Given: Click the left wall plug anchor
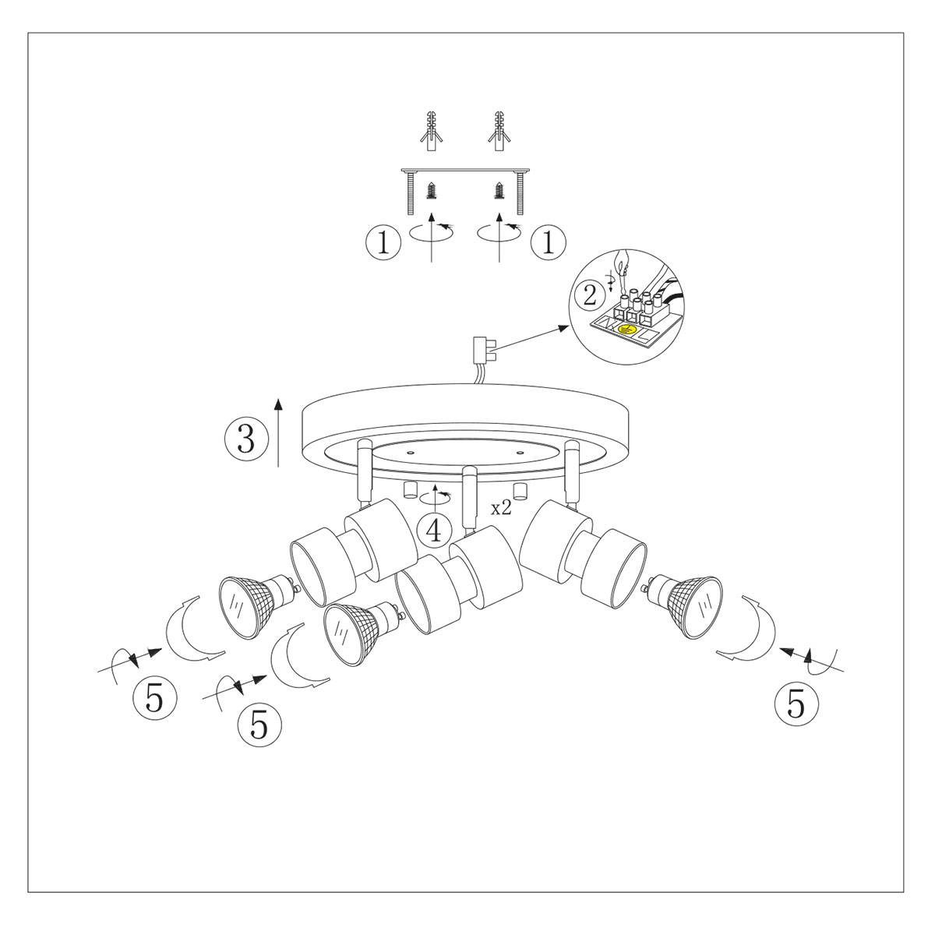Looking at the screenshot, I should [x=430, y=133].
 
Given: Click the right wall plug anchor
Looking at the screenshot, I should [x=499, y=133].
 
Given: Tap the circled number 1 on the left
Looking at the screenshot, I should [x=383, y=243].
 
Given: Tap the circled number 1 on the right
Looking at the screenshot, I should [x=548, y=243].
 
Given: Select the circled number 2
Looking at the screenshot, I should [x=590, y=295].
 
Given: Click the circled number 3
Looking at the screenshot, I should [x=245, y=439].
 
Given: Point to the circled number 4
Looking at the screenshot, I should [x=434, y=530].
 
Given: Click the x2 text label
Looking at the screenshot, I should [x=501, y=508].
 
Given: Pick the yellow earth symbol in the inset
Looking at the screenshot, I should [x=625, y=330].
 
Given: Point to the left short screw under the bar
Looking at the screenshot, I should [x=431, y=192].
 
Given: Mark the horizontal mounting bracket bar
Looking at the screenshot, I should [x=465, y=171].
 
